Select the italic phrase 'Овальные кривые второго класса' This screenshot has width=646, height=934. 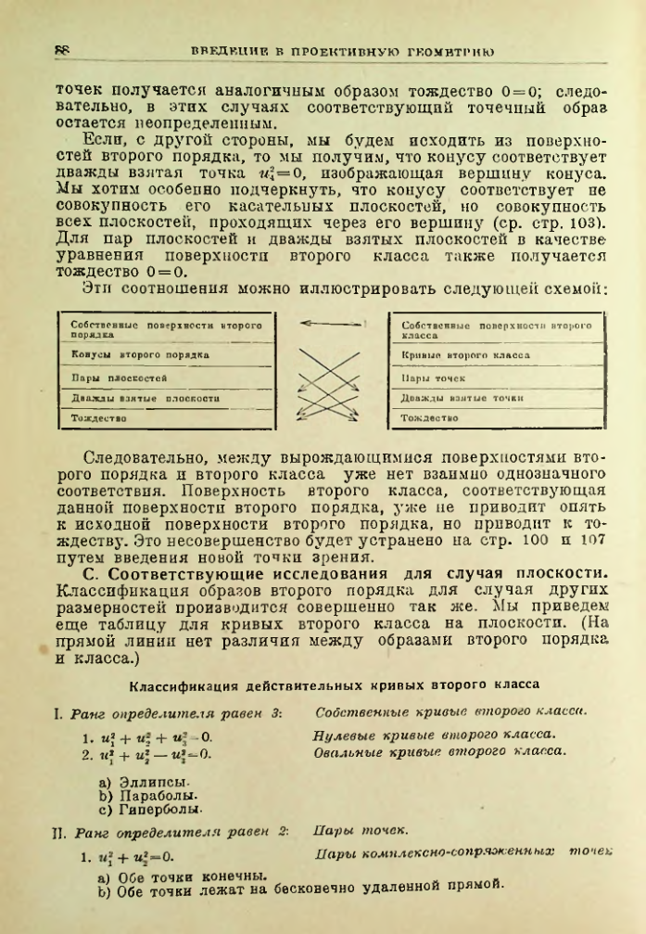[x=441, y=750]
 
